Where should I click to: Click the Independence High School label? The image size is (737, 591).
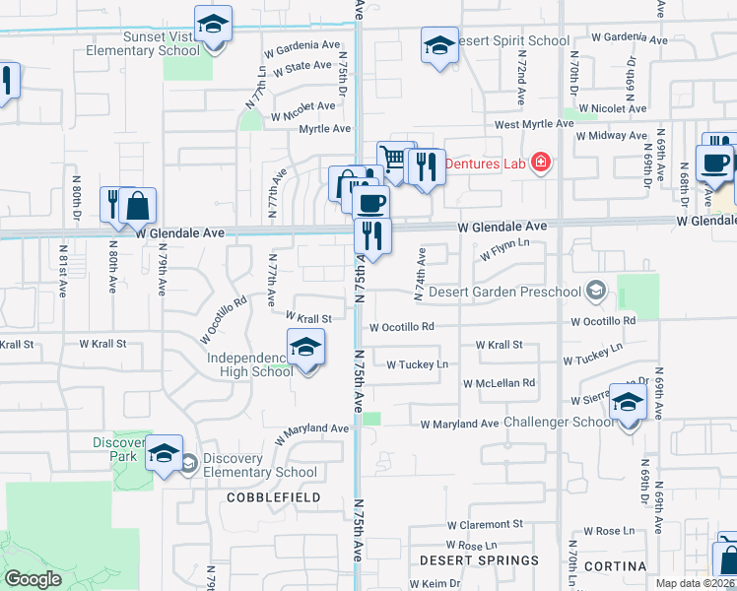tap(250, 363)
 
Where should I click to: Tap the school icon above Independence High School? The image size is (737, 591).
tap(306, 347)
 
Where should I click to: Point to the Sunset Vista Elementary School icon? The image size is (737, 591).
tap(212, 27)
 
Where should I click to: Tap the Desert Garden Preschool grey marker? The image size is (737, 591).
tap(595, 291)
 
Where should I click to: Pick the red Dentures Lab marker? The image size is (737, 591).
tap(540, 163)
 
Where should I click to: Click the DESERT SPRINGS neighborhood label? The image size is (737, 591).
tap(479, 559)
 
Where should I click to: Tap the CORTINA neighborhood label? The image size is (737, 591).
tap(614, 566)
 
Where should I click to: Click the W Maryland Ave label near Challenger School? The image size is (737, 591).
tap(459, 424)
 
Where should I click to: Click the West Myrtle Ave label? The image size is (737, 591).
tap(534, 124)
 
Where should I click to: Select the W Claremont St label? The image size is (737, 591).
tap(484, 526)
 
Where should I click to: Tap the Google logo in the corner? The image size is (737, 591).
tap(33, 578)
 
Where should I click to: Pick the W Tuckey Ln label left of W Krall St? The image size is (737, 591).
tap(417, 364)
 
